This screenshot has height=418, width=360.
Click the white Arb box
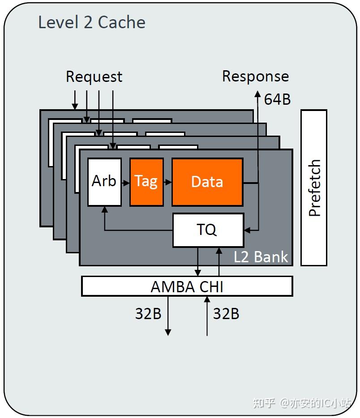click(104, 182)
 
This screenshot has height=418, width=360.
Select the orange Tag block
click(146, 182)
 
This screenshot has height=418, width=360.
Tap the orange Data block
click(207, 182)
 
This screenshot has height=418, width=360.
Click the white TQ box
click(208, 230)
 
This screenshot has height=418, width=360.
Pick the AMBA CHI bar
click(187, 286)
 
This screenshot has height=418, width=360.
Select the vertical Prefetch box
click(314, 188)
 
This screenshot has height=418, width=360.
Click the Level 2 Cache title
click(92, 22)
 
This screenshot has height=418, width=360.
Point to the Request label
click(94, 77)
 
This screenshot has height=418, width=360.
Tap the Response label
click(256, 77)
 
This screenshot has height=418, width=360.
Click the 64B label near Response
click(277, 99)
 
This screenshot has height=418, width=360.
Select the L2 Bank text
click(261, 257)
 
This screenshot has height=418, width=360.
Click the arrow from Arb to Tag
click(126, 183)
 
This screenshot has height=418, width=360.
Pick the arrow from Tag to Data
click(167, 182)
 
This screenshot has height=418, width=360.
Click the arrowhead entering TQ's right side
click(247, 230)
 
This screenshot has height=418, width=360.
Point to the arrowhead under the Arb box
click(105, 209)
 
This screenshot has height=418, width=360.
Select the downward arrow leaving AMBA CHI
click(168, 316)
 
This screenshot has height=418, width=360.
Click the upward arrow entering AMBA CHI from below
click(207, 316)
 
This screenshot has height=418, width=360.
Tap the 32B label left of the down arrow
click(148, 313)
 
